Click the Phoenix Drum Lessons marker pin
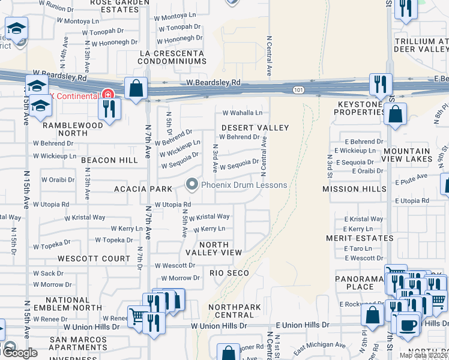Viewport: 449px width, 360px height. click(192, 184)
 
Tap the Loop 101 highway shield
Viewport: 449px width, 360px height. click(298, 90)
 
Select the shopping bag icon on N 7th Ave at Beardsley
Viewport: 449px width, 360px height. click(137, 88)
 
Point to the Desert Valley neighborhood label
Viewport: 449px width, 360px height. click(255, 128)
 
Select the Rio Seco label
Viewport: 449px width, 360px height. click(229, 273)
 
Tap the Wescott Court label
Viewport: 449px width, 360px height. click(94, 259)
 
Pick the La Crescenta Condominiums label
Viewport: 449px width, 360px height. click(172, 57)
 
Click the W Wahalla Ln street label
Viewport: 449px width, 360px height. click(243, 112)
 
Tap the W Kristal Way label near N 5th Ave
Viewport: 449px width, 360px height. click(209, 217)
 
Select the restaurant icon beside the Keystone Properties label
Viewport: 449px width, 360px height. click(381, 85)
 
